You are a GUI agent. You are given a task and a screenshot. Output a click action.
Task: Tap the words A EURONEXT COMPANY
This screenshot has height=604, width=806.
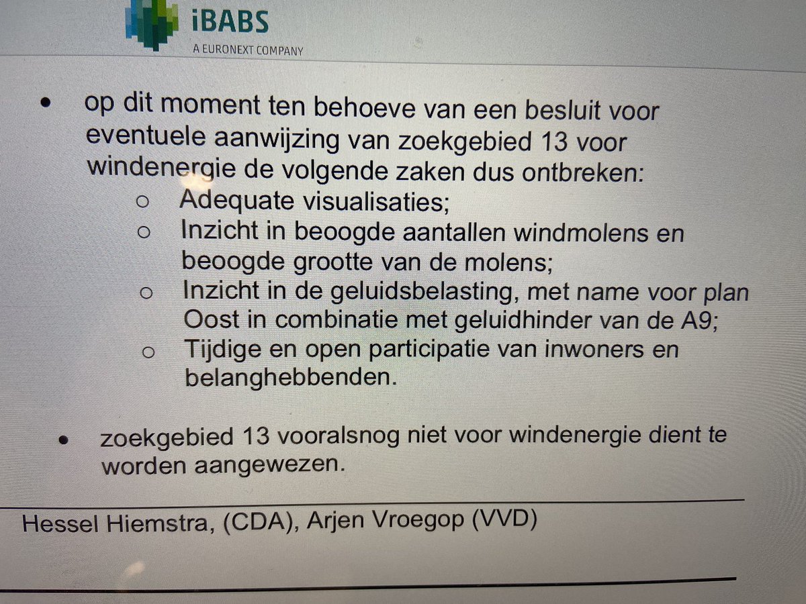tap(247, 50)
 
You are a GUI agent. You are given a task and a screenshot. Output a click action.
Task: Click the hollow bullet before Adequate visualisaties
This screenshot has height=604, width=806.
tap(142, 201)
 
